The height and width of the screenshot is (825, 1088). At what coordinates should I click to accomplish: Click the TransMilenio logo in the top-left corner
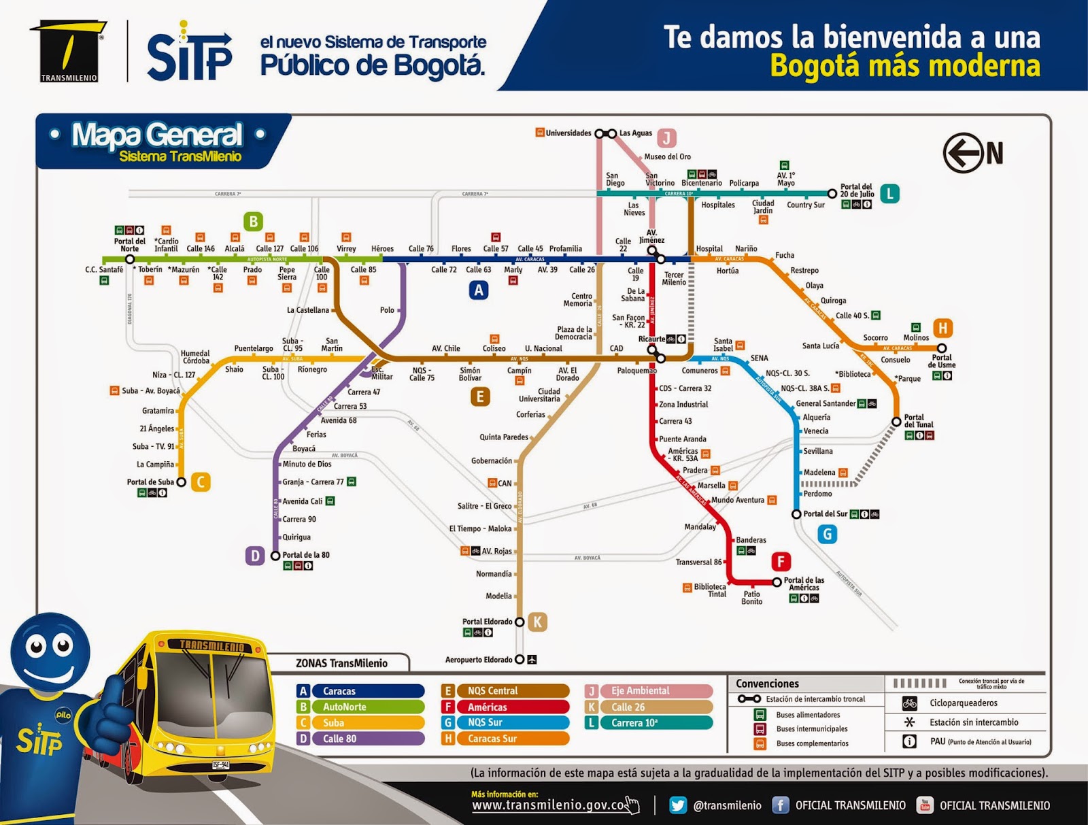tap(69, 51)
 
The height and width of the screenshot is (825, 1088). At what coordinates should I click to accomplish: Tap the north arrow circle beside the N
tap(963, 153)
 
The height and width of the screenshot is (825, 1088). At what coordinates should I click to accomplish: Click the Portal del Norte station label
tap(129, 245)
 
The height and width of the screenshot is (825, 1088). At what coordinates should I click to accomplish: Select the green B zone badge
tap(253, 222)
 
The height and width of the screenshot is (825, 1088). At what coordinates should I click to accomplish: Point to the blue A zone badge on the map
tap(479, 290)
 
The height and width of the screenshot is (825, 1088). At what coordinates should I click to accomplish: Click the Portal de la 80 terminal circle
tap(275, 556)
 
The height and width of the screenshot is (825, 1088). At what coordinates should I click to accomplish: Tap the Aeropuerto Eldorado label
tap(479, 660)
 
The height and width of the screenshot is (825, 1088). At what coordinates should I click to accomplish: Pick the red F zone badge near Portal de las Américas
tap(781, 562)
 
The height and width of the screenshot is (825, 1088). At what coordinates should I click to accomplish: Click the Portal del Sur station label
tap(826, 513)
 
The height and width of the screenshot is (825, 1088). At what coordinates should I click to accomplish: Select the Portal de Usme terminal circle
tap(942, 348)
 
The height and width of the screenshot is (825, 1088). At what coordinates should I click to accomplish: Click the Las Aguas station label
tap(635, 133)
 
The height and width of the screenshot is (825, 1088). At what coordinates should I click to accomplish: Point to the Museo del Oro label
tap(667, 157)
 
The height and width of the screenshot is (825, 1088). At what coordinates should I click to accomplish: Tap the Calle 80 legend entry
tap(367, 739)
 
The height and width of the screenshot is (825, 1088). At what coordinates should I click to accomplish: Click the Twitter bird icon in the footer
tap(678, 805)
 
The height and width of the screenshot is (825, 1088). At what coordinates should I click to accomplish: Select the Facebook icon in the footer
tap(780, 805)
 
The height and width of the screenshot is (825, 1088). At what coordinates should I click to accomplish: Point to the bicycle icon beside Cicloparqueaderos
tap(909, 703)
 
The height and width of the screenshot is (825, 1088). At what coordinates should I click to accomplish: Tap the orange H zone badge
tap(942, 329)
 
